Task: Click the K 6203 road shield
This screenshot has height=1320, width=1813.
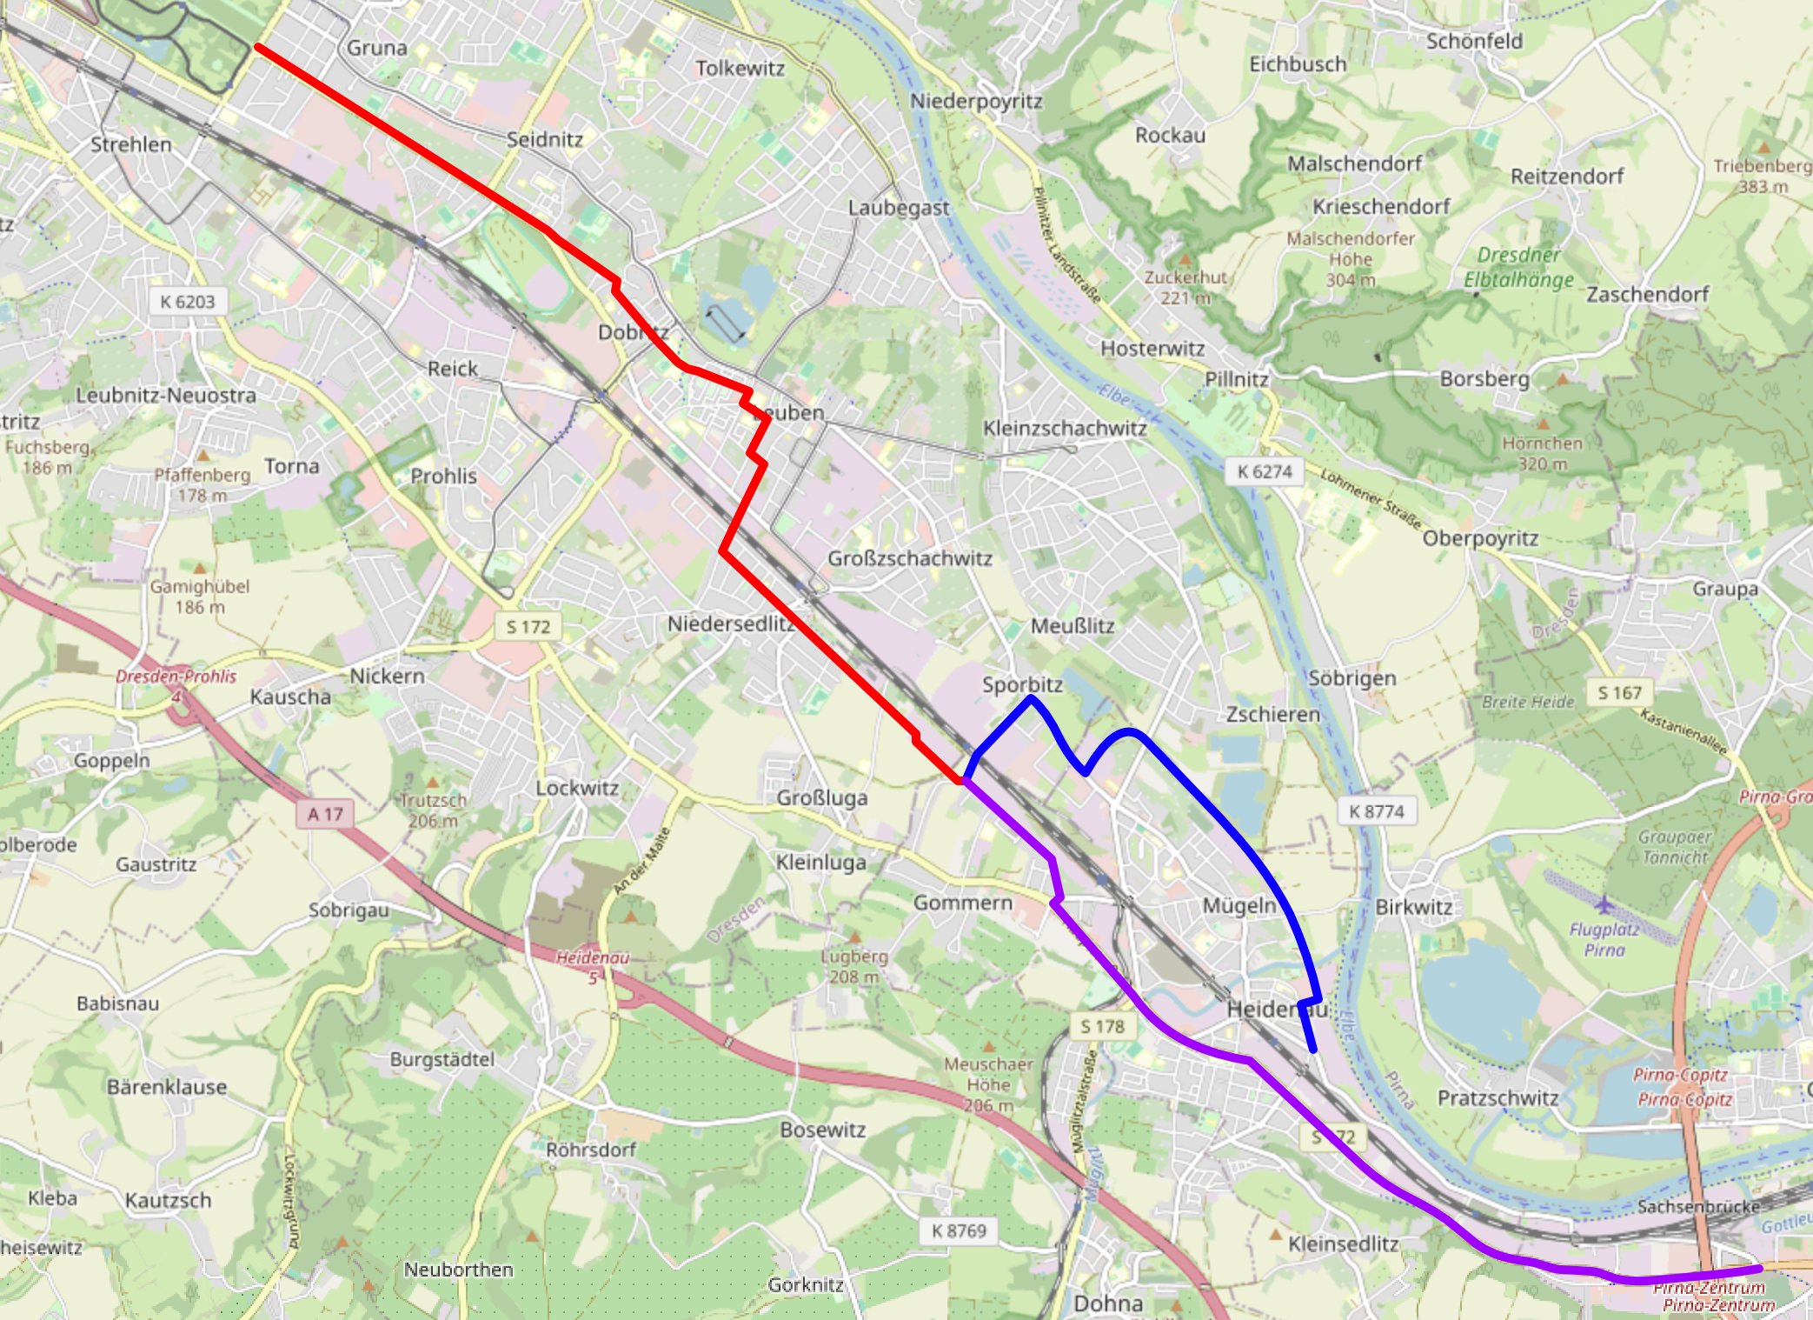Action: point(187,302)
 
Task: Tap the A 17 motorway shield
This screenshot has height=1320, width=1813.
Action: point(325,814)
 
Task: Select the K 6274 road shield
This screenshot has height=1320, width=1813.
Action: point(1265,471)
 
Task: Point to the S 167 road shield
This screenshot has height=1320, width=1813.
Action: point(1619,692)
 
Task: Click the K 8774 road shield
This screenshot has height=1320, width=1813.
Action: point(1376,811)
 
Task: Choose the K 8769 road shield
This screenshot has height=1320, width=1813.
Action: point(958,1230)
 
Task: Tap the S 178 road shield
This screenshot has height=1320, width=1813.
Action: point(1102,1026)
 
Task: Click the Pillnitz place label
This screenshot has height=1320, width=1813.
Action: point(1236,379)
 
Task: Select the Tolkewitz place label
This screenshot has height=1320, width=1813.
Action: point(740,68)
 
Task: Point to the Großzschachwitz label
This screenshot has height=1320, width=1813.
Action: point(909,558)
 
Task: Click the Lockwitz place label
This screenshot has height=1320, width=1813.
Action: point(577,788)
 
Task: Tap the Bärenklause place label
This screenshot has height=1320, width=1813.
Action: point(167,1087)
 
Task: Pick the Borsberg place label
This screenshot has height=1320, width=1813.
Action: point(1484,378)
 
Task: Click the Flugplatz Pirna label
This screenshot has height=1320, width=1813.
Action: point(1604,939)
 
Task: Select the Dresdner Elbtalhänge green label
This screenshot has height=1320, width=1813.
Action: point(1518,267)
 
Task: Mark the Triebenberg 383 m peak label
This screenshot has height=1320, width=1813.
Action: point(1762,175)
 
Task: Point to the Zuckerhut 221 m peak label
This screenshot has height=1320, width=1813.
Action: point(1185,287)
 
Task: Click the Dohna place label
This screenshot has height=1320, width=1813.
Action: point(1108,1303)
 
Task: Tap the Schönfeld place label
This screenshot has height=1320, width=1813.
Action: point(1474,41)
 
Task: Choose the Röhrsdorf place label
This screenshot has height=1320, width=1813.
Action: point(591,1150)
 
